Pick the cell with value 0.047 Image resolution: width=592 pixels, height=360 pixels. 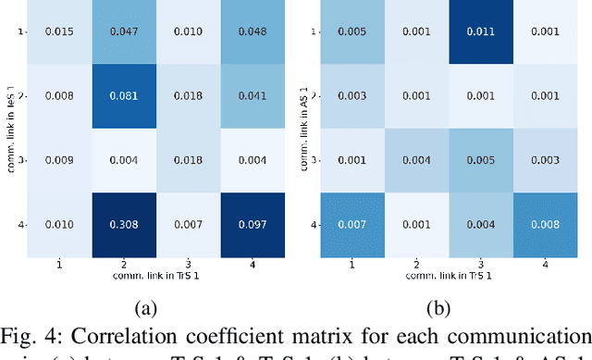click(126, 31)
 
